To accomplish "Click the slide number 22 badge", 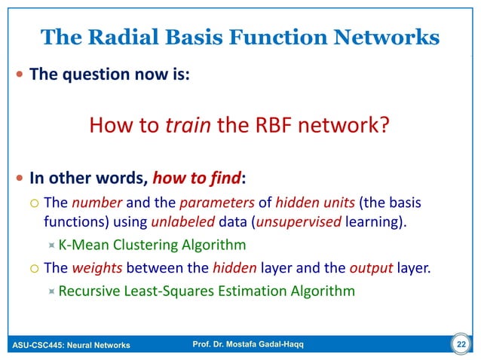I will (x=459, y=345).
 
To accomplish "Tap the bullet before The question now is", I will (x=19, y=75).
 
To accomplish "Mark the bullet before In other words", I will (x=19, y=180).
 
